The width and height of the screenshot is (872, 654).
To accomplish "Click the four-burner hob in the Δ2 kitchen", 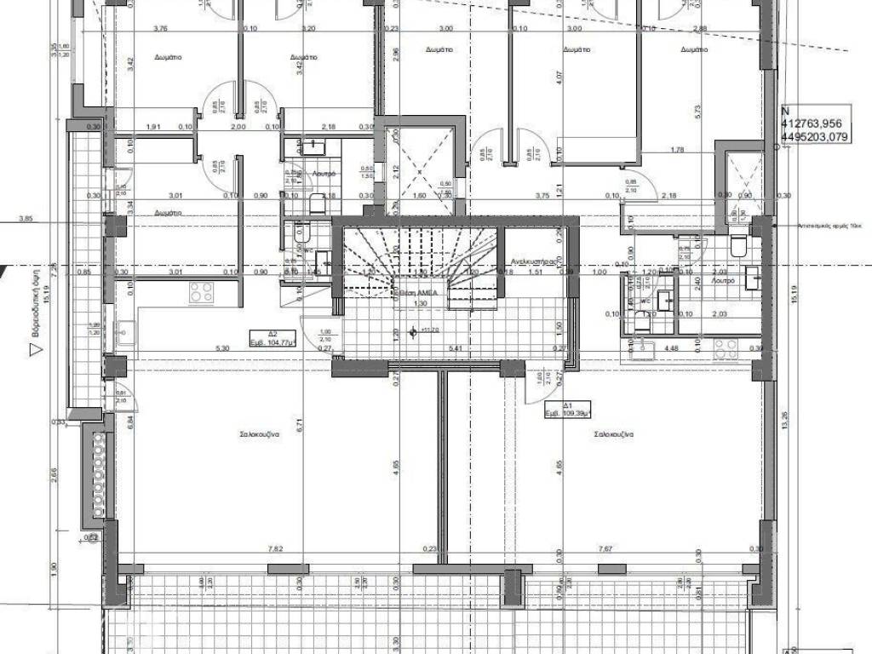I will (x=201, y=293).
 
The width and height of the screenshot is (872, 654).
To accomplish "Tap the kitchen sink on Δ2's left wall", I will (x=125, y=332).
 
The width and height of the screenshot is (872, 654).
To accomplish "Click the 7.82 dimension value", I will (x=274, y=549).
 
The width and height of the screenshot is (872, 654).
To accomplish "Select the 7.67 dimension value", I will (x=606, y=549).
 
